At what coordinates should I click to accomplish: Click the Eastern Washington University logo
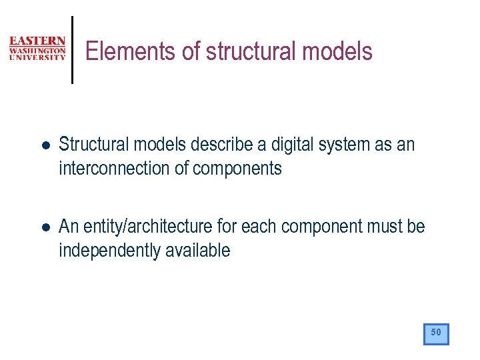click(37, 49)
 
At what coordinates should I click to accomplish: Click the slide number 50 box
click(436, 333)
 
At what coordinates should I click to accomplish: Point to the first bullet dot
click(43, 145)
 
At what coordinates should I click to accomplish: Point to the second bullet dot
click(43, 227)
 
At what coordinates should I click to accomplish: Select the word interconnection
click(115, 169)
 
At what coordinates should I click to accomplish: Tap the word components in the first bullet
click(237, 169)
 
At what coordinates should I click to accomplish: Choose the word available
click(199, 251)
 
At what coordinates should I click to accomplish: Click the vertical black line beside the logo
click(72, 49)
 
